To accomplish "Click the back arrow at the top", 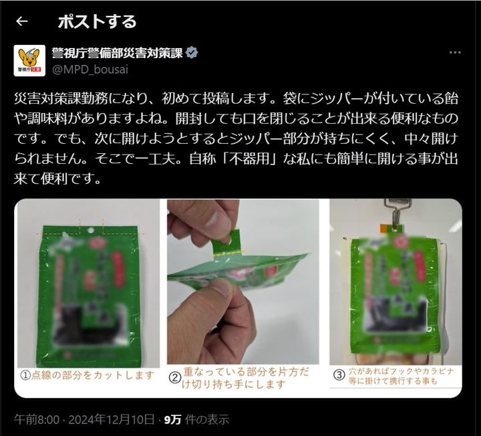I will click(x=22, y=21).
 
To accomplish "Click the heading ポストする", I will click(x=97, y=21).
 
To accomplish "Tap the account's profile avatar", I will click(x=29, y=61).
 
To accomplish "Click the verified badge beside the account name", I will click(x=191, y=53).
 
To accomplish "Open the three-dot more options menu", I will click(x=454, y=53).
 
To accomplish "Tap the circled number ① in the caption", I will click(x=23, y=375).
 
